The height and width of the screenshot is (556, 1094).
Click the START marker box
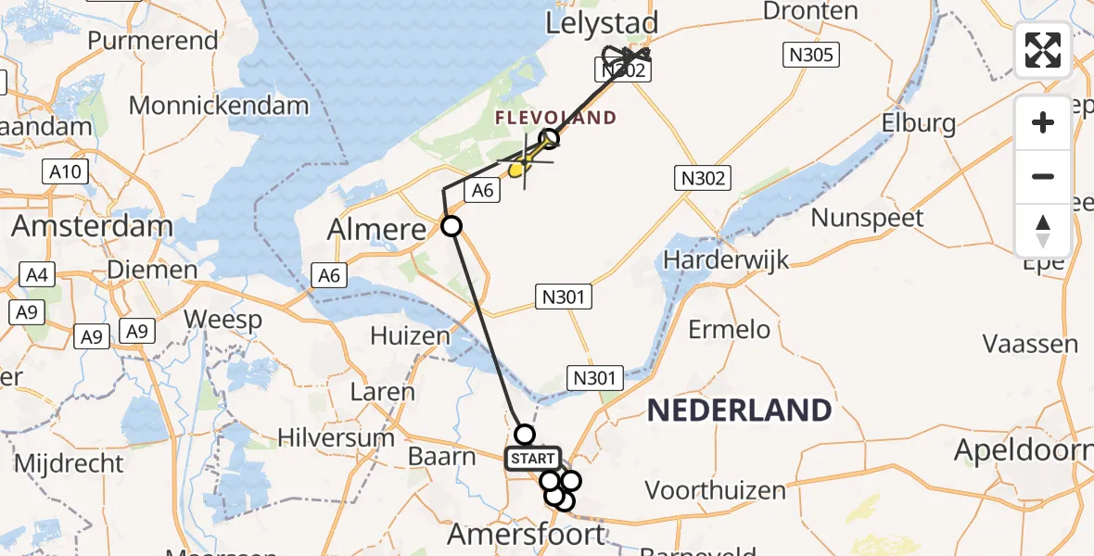(x=532, y=459)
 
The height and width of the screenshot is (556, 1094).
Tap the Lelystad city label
(x=602, y=23)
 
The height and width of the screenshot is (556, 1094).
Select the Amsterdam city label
(x=92, y=226)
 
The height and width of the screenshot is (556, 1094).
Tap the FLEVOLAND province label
(x=555, y=118)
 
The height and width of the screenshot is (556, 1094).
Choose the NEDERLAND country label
(x=738, y=410)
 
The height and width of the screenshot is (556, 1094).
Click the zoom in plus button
(x=1043, y=122)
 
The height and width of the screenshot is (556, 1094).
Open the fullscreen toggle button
(x=1043, y=50)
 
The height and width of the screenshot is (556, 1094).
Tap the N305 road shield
(x=811, y=55)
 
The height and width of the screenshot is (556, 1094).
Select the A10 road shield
(x=65, y=171)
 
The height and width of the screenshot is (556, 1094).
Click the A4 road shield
(x=34, y=275)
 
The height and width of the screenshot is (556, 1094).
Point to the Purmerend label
(x=153, y=41)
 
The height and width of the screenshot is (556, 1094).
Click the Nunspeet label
(x=867, y=219)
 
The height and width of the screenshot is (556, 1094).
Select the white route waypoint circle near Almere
(x=451, y=225)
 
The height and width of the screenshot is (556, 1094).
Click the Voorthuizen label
(x=715, y=489)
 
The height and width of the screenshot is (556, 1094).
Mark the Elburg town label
(x=918, y=123)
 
